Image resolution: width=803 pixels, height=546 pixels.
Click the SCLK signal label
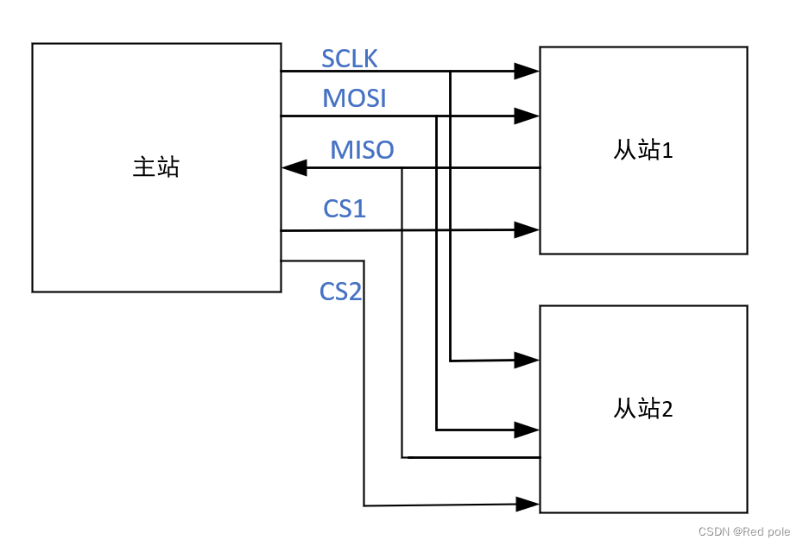(x=349, y=59)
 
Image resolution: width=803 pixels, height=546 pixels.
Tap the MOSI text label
(x=354, y=98)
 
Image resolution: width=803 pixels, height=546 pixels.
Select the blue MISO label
(x=362, y=150)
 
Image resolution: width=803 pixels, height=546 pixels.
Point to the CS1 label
(x=345, y=208)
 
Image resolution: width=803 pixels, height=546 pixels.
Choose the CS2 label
(x=340, y=292)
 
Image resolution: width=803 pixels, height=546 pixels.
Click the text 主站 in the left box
(x=155, y=166)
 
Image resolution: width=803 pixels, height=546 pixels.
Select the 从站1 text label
(x=643, y=150)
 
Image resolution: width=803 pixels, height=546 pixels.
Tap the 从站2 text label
(x=643, y=409)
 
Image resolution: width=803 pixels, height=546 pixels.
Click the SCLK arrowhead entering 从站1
(x=527, y=72)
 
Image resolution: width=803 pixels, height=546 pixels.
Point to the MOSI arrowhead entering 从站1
(x=527, y=115)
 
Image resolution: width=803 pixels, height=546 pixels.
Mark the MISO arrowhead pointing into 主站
(x=295, y=167)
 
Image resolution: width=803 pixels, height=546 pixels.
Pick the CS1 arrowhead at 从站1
(x=527, y=229)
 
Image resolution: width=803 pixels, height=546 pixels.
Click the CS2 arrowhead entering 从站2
(x=527, y=503)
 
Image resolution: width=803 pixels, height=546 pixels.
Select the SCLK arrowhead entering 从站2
(x=527, y=360)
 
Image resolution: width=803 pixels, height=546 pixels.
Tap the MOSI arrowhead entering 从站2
(x=527, y=428)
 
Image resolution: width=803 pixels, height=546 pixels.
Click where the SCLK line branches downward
(x=451, y=72)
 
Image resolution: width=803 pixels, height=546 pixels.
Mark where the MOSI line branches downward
(x=437, y=116)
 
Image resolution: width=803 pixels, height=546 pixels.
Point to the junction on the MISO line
(x=402, y=167)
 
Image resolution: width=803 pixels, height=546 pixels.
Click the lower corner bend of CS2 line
(x=364, y=505)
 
